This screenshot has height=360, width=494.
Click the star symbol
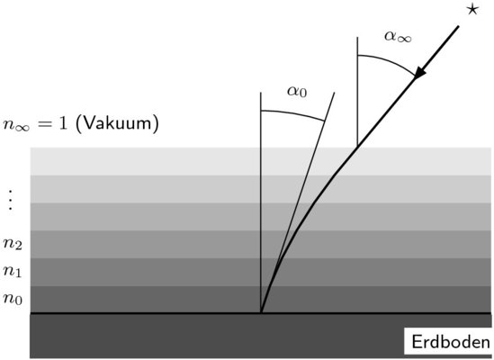pyautogui.click(x=472, y=10)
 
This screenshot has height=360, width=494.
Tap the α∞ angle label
pyautogui.click(x=398, y=37)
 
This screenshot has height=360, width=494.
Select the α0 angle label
pyautogui.click(x=297, y=92)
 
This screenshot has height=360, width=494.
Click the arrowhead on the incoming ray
pyautogui.click(x=419, y=74)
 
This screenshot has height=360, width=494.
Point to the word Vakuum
pyautogui.click(x=117, y=123)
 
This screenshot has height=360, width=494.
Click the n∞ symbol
pyautogui.click(x=16, y=124)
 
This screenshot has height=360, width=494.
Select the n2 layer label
pyautogui.click(x=13, y=244)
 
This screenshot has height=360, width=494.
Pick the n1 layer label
pyautogui.click(x=13, y=271)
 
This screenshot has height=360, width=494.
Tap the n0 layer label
pyautogui.click(x=13, y=298)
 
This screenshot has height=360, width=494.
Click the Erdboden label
pyautogui.click(x=451, y=342)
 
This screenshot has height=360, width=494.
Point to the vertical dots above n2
pyautogui.click(x=11, y=200)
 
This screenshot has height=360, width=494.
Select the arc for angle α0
pyautogui.click(x=293, y=113)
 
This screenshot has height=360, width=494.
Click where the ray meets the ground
pyautogui.click(x=261, y=312)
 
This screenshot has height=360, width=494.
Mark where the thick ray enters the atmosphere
pyautogui.click(x=356, y=148)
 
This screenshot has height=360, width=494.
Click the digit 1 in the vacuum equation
pyautogui.click(x=63, y=123)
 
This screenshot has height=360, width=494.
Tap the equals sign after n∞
pyautogui.click(x=44, y=124)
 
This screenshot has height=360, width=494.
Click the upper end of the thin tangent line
pyautogui.click(x=334, y=93)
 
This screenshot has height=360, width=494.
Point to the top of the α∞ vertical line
pyautogui.click(x=357, y=37)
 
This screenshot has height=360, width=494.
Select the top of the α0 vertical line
pyautogui.click(x=261, y=93)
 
